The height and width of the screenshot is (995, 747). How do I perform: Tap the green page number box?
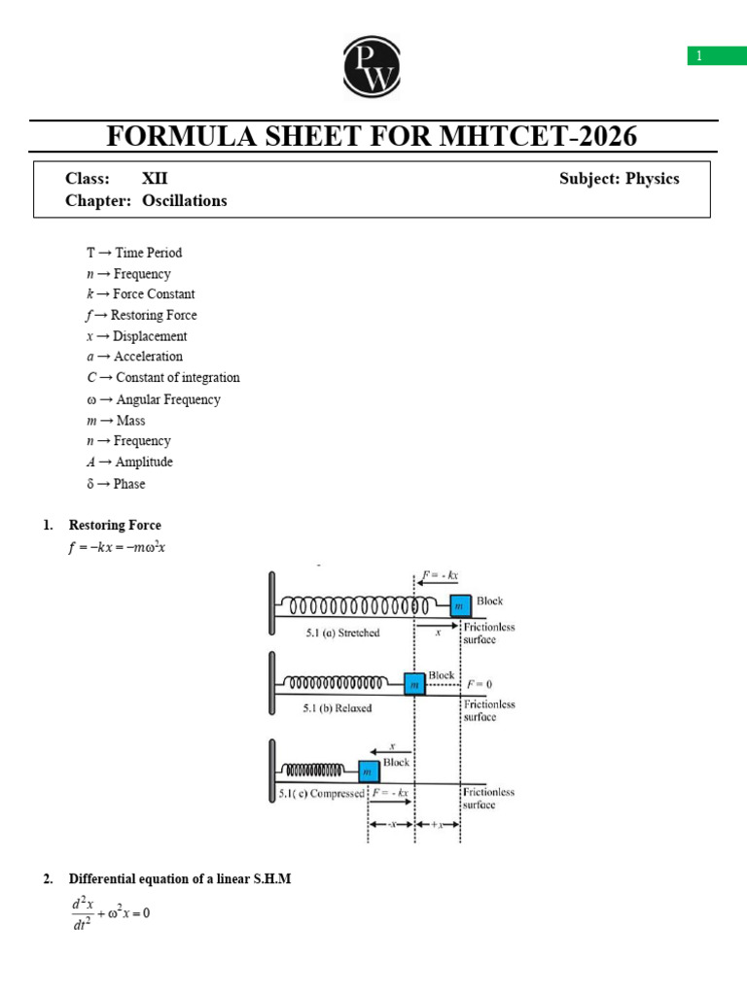click(717, 56)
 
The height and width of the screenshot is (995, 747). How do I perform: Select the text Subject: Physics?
click(619, 179)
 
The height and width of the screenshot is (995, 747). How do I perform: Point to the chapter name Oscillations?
click(185, 201)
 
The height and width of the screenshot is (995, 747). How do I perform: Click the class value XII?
click(155, 179)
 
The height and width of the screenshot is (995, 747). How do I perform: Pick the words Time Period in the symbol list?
click(149, 253)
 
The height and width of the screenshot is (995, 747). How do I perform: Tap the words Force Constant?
click(154, 294)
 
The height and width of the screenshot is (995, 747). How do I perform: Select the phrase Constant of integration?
click(178, 378)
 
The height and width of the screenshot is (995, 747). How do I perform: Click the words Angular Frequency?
click(168, 399)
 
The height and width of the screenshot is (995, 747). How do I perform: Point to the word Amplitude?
click(144, 463)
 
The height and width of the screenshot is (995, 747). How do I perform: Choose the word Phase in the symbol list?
click(129, 484)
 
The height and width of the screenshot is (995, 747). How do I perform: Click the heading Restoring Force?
click(115, 526)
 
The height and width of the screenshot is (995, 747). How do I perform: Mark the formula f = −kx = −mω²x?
click(118, 547)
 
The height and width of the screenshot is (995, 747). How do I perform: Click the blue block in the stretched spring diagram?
click(460, 605)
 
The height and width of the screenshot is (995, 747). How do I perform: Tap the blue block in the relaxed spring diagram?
click(415, 684)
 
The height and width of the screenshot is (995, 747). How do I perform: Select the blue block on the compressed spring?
click(369, 772)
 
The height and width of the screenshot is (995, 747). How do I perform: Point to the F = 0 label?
click(478, 684)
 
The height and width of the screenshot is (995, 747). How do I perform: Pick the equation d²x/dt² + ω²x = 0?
click(110, 914)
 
